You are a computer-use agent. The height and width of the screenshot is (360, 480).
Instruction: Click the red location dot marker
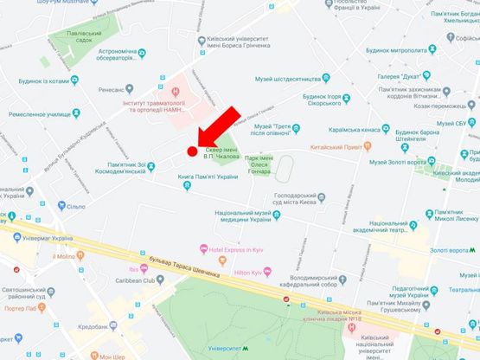(x=192, y=152)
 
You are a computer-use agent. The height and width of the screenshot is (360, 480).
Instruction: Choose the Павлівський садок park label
(x=78, y=41)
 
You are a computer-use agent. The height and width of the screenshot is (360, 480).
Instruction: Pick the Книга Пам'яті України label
(x=208, y=177)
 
